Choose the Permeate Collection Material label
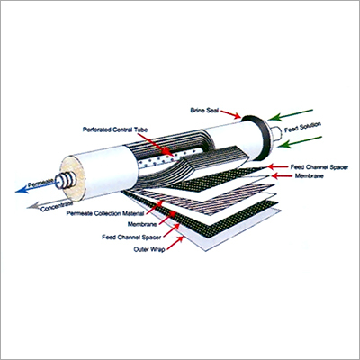pyautogui.click(x=110, y=214)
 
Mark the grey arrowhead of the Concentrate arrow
pyautogui.click(x=31, y=209)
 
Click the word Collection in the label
pyautogui.click(x=110, y=214)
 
